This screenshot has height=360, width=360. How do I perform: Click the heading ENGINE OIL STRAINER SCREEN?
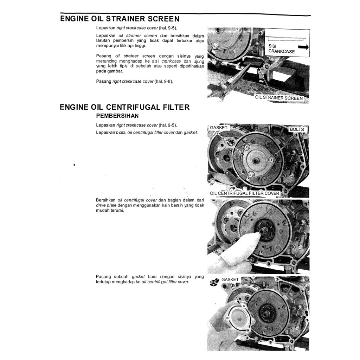tap(120, 19)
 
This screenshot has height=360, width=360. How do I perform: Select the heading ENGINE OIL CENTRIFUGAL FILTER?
tap(125, 107)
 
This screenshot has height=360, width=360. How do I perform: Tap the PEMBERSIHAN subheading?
tap(117, 116)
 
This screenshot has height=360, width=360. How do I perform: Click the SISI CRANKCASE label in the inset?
tap(281, 49)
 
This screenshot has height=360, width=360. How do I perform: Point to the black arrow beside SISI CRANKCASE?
tap(303, 47)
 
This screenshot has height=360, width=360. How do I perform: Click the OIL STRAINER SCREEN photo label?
tap(279, 98)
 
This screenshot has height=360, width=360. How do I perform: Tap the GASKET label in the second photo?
tap(219, 128)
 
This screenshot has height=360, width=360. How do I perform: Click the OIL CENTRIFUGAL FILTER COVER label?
tap(245, 193)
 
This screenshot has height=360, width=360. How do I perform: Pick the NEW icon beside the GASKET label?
tap(214, 281)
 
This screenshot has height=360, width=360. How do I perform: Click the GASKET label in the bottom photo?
tap(230, 279)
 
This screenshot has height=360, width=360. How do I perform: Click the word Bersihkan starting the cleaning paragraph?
tap(106, 200)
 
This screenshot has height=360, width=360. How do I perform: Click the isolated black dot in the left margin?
tap(75, 165)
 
